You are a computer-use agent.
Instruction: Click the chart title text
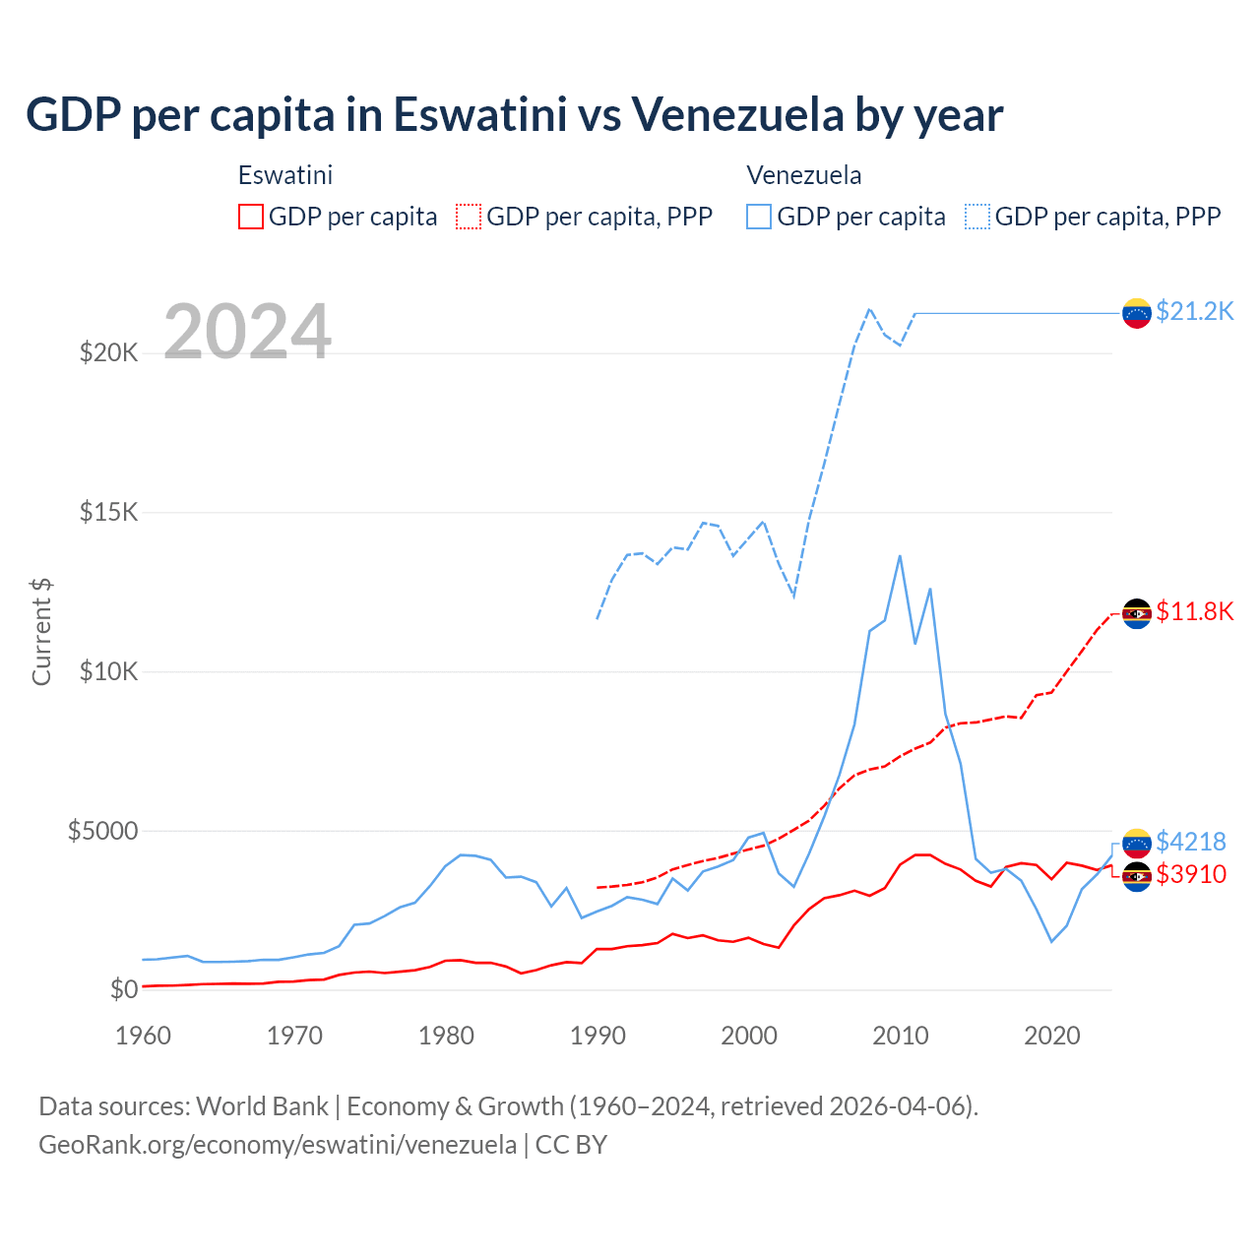(x=514, y=114)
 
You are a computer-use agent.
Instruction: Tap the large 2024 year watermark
(x=247, y=332)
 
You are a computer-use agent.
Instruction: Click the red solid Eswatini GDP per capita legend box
(x=251, y=217)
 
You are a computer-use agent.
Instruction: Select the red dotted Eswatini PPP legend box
(x=469, y=217)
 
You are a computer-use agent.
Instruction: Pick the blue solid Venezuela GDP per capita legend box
(x=759, y=217)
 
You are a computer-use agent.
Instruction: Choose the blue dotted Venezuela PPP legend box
(x=977, y=217)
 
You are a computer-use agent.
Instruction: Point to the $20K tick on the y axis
(x=108, y=352)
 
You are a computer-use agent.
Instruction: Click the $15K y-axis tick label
(x=108, y=512)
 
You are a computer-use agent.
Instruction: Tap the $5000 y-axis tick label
(x=102, y=831)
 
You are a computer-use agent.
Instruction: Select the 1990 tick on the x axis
(x=598, y=1036)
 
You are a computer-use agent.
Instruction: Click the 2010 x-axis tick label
(x=901, y=1036)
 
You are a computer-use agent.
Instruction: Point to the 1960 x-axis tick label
(x=144, y=1036)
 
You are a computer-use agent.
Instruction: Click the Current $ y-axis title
(x=41, y=631)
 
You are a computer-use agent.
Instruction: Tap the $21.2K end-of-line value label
(x=1194, y=312)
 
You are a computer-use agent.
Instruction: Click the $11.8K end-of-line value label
(x=1194, y=612)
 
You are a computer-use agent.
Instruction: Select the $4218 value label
(x=1190, y=842)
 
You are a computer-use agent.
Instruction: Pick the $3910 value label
(x=1190, y=874)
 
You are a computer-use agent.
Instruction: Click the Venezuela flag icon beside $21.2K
(x=1137, y=313)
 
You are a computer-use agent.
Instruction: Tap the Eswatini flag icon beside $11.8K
(x=1137, y=613)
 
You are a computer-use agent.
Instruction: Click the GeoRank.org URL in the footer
(x=278, y=1145)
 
